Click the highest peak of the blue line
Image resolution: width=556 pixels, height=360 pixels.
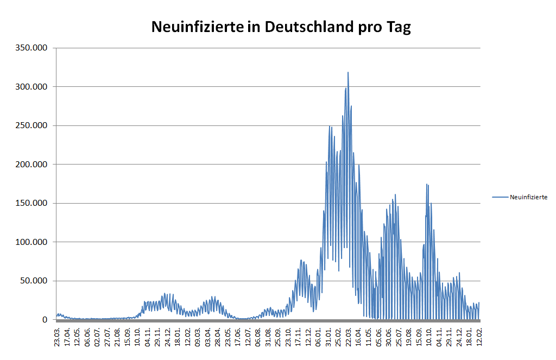pyautogui.click(x=348, y=72)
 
